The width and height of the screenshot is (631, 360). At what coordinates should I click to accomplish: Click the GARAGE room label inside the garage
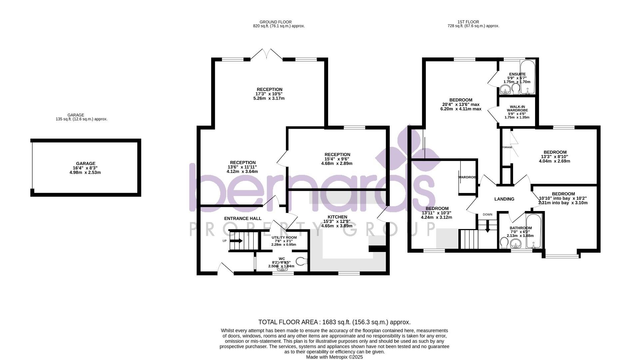[86, 164]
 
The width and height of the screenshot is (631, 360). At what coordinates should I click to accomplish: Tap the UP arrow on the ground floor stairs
[236, 241]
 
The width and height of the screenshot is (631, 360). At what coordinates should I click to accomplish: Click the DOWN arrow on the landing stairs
[487, 228]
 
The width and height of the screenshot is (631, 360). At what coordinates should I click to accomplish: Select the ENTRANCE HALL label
[243, 218]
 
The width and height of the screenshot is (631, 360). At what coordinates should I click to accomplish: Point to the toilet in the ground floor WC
[302, 261]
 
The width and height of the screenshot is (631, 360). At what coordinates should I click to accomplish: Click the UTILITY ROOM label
[284, 238]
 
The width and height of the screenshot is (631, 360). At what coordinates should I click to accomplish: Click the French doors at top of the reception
[267, 55]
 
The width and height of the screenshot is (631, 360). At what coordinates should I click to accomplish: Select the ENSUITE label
[517, 74]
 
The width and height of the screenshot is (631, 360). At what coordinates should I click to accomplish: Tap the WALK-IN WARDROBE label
[517, 108]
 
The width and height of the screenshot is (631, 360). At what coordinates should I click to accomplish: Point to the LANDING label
[504, 199]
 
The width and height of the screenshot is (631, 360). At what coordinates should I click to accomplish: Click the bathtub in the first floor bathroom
[534, 231]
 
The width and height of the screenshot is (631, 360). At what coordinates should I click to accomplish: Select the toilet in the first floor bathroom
[504, 243]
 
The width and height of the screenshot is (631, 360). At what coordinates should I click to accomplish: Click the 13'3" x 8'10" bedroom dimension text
[554, 157]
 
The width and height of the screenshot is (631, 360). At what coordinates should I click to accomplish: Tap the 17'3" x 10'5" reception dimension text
[270, 94]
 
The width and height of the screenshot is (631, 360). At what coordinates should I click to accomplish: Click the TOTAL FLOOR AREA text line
[334, 322]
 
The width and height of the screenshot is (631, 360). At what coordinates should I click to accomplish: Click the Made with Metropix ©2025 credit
[334, 357]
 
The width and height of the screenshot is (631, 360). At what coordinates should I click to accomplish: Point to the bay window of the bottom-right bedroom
[561, 256]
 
